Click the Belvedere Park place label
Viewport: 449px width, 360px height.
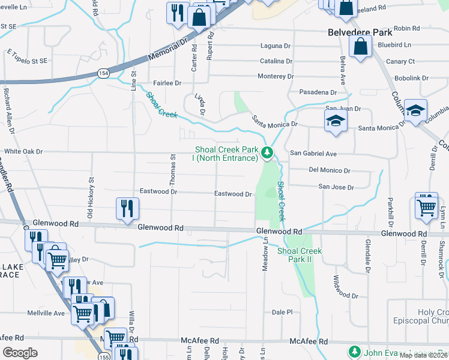pos(360,32)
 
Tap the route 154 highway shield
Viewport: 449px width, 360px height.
pos(103,73)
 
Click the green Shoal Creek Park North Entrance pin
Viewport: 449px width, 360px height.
pos(268,154)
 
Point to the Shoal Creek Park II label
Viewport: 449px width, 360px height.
pos(300,255)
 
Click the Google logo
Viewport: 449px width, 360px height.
pos(20,353)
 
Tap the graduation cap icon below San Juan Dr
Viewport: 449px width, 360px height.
pos(336,120)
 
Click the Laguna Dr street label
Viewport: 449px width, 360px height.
pos(276,46)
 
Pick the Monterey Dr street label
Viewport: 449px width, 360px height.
pos(275,76)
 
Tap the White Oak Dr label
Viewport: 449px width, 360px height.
pos(23,152)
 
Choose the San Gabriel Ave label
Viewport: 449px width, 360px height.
pos(313,153)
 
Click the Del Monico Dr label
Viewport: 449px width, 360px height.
pos(330,170)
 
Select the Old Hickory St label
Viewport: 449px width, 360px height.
pos(91,197)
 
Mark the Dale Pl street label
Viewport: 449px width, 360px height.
pos(282,312)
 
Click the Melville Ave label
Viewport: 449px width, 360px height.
pos(46,313)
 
